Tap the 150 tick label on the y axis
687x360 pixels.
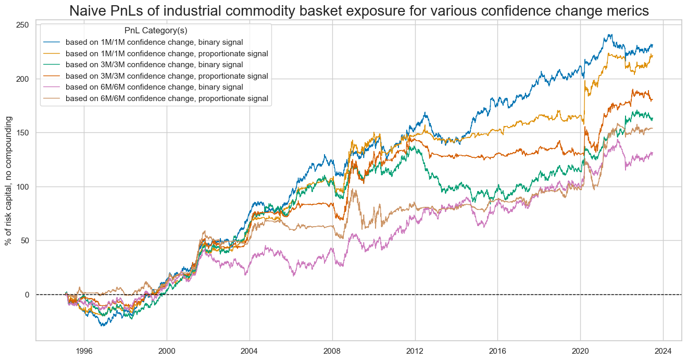24,133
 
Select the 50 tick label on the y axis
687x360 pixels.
26,241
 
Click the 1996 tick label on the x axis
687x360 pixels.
84,350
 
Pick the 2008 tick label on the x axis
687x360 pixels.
332,350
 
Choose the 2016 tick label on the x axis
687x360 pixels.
498,350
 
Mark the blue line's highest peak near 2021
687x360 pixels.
609,35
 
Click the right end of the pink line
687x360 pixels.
652,153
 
